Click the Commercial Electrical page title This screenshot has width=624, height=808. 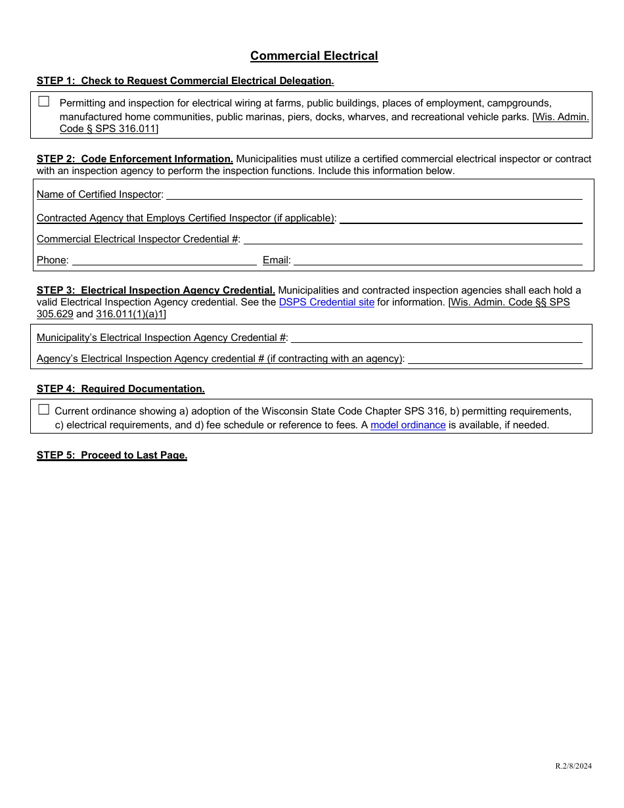click(x=314, y=56)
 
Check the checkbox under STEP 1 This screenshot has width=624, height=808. click(x=44, y=102)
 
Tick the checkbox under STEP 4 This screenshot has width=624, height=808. click(x=44, y=410)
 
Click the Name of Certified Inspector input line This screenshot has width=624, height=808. click(x=374, y=194)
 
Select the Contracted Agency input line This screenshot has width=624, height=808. click(x=460, y=217)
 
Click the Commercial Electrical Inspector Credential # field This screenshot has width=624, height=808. click(x=412, y=238)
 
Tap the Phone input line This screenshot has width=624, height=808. click(x=164, y=259)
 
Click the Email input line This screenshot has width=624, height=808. click(x=437, y=259)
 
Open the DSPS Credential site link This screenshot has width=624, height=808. click(x=326, y=302)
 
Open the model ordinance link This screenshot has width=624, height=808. click(x=408, y=425)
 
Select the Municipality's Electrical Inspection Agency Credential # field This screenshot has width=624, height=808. click(x=436, y=337)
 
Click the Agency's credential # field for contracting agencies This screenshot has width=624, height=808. click(x=495, y=358)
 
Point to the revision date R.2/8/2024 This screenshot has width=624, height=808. click(x=573, y=765)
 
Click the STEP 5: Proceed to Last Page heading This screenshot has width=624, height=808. click(x=112, y=455)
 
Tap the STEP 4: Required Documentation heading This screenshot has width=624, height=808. click(x=121, y=389)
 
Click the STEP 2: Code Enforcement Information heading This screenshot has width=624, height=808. click(x=135, y=159)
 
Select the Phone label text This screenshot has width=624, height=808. click(x=52, y=260)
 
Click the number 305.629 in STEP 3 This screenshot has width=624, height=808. click(x=55, y=314)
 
